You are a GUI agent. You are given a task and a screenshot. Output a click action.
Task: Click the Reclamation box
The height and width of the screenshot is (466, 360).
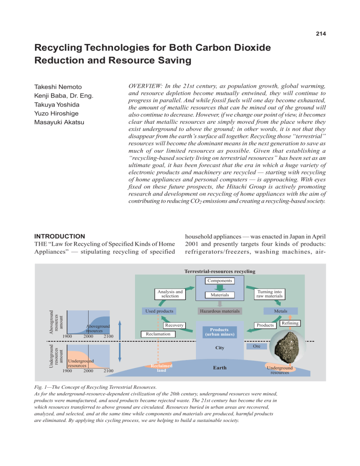pos(157,334)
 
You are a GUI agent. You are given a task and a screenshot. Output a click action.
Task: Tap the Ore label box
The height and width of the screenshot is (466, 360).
pos(256,346)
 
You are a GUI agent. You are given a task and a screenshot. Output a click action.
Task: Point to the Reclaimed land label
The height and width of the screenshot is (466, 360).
pos(158,368)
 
